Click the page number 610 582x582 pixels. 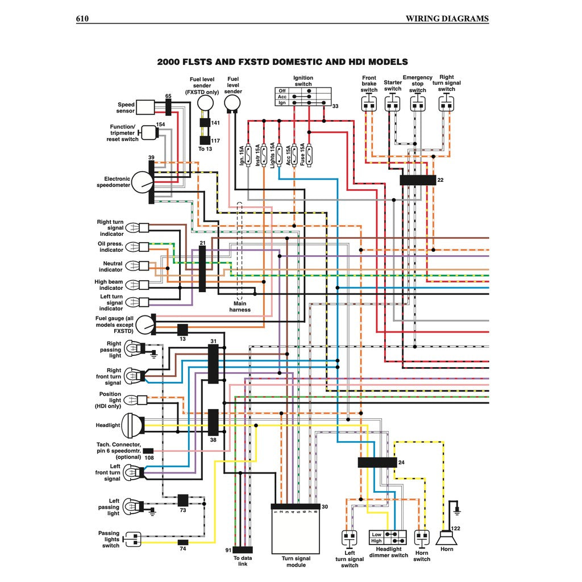[82, 18]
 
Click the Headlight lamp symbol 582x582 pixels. [134, 425]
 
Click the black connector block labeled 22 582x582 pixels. [417, 180]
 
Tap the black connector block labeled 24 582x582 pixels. [377, 462]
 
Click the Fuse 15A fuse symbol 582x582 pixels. [310, 153]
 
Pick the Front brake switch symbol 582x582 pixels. [369, 104]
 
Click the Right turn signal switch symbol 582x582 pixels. [447, 104]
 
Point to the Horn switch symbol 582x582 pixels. [422, 537]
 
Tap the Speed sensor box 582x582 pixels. [145, 107]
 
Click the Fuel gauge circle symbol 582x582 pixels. [145, 325]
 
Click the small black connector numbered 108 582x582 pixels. [148, 451]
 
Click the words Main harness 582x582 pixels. [240, 307]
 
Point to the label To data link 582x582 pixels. [243, 561]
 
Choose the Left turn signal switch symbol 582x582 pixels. [349, 537]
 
